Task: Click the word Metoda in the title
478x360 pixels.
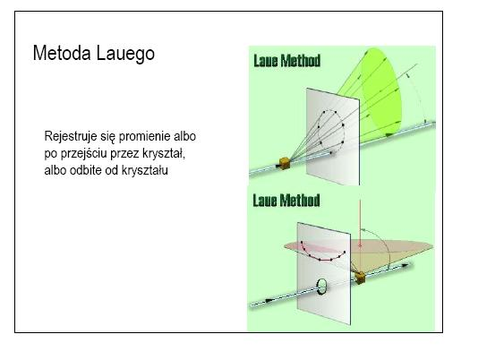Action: tap(62, 53)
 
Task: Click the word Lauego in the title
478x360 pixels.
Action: tap(125, 54)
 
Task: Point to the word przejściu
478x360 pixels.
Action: tap(84, 153)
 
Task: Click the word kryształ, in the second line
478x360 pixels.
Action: tap(164, 153)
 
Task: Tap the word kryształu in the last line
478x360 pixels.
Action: tap(145, 170)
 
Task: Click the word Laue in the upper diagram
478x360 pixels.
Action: tap(266, 60)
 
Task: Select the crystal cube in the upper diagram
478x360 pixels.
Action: tap(285, 163)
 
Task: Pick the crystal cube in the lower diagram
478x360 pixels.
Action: tap(361, 278)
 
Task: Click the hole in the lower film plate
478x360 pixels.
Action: tap(321, 287)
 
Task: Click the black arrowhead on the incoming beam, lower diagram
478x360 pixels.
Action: tap(269, 301)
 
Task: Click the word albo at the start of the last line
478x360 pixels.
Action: tap(55, 170)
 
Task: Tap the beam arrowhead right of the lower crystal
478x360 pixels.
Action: tap(405, 265)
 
